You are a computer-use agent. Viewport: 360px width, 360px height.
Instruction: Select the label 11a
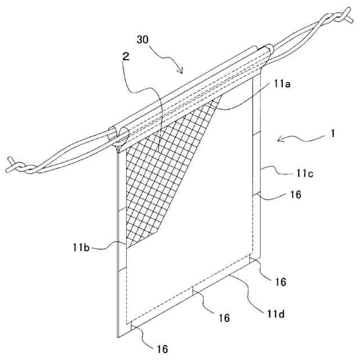pos(282,84)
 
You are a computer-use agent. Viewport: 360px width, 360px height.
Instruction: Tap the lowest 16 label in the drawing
pos(161,349)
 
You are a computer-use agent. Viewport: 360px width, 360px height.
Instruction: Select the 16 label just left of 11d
pos(224,318)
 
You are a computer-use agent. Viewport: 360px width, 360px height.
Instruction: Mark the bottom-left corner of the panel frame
pos(119,336)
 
